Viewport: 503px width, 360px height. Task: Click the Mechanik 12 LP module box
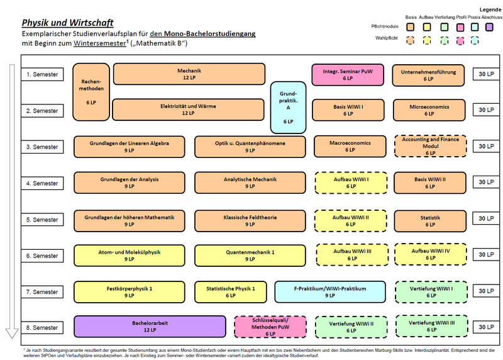189,74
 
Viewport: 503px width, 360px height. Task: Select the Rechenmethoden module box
91,92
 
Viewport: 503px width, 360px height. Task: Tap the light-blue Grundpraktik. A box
288,107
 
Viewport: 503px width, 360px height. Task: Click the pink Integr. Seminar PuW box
348,75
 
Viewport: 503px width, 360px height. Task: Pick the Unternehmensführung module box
428,75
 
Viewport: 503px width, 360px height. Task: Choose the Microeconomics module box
429,110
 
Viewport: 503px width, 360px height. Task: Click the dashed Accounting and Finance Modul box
431,146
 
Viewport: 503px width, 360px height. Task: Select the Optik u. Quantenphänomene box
250,147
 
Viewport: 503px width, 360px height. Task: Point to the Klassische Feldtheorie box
250,221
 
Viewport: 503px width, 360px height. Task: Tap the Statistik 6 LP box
430,221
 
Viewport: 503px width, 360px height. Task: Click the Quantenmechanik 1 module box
250,256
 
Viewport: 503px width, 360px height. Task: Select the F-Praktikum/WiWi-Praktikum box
330,292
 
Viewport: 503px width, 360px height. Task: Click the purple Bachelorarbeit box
150,327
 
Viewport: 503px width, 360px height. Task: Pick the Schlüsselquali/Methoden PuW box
270,327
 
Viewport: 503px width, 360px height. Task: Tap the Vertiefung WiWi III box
432,326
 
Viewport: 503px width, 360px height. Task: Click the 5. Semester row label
42,220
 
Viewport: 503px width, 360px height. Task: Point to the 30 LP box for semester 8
486,327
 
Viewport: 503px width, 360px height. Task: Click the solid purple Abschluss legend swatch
489,27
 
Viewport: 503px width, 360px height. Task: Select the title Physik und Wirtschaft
68,23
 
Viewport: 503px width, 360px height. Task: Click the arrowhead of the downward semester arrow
12,334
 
